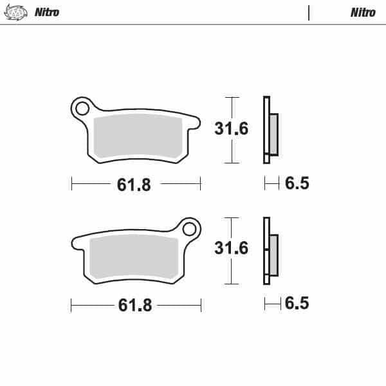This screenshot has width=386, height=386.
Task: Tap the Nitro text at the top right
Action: (363, 12)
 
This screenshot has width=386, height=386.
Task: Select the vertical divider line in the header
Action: (309, 12)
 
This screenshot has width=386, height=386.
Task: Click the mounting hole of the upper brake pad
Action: (82, 108)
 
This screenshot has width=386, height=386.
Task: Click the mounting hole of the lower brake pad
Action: (190, 229)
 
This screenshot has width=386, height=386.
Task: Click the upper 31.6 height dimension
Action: (231, 129)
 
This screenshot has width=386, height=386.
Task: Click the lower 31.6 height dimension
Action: (231, 248)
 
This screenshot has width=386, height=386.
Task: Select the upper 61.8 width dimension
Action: (134, 185)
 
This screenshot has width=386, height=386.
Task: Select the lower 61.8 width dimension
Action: (134, 305)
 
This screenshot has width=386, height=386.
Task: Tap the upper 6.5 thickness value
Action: (297, 184)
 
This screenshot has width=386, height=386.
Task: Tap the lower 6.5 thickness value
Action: (297, 303)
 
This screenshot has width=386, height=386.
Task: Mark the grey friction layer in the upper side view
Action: (273, 134)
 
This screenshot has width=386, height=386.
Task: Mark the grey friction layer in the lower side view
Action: (273, 254)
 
